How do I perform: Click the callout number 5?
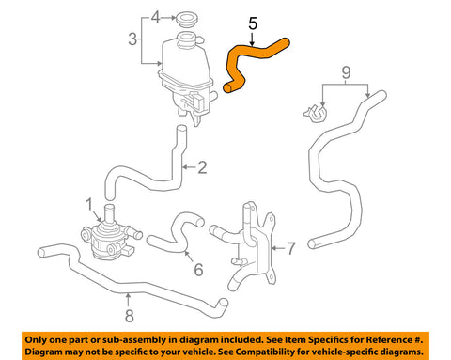[x=253, y=23]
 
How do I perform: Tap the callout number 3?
[x=132, y=39]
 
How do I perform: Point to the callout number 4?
[x=156, y=17]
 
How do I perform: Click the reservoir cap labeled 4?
[x=187, y=19]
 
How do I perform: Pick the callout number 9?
[x=346, y=72]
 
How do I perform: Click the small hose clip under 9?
[x=316, y=113]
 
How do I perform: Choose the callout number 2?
[x=202, y=167]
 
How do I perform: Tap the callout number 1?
[x=89, y=205]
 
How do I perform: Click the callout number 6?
[x=198, y=270]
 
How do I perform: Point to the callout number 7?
[x=291, y=248]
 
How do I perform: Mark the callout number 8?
[x=130, y=316]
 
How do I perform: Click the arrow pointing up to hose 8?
[x=128, y=300]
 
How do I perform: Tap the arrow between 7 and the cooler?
[x=278, y=248]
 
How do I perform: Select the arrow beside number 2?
[x=189, y=167]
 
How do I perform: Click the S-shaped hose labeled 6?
[x=176, y=233]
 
